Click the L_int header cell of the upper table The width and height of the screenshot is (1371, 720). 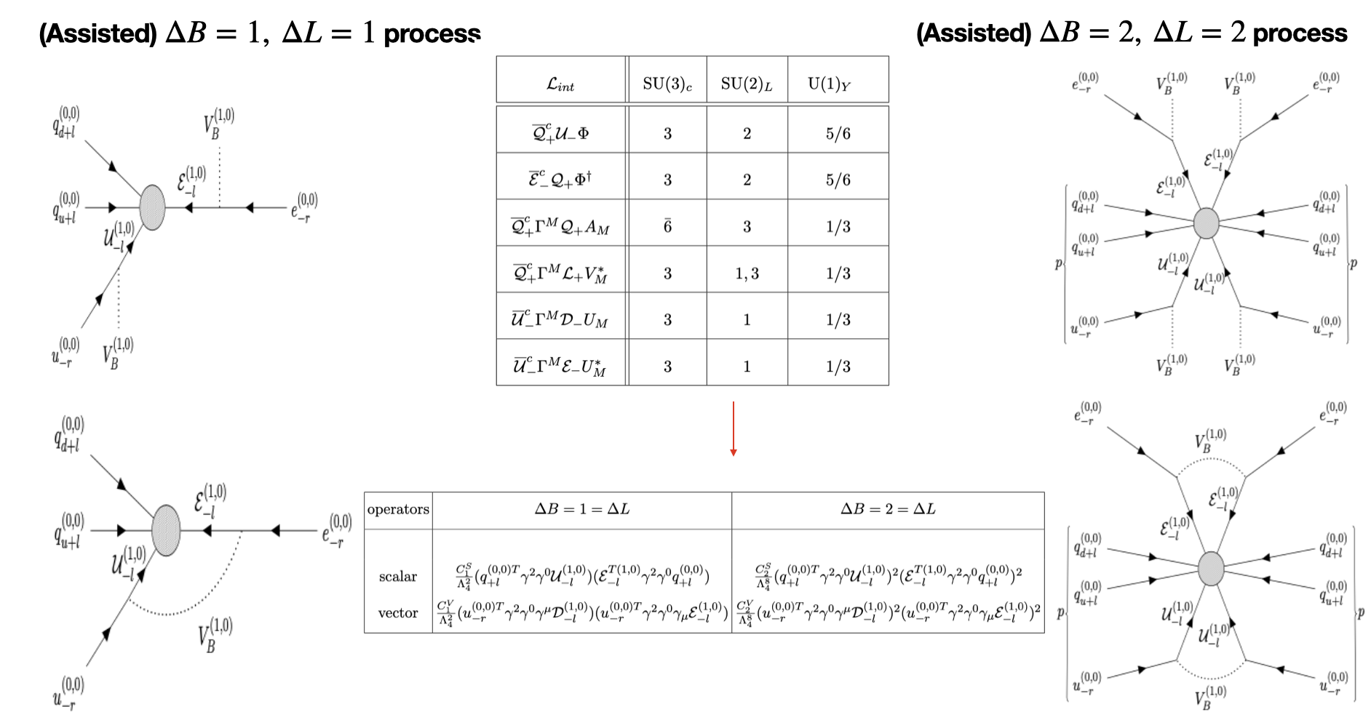pyautogui.click(x=560, y=84)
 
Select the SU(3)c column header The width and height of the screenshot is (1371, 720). pyautogui.click(x=667, y=84)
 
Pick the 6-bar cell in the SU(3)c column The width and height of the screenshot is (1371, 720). pyautogui.click(x=667, y=226)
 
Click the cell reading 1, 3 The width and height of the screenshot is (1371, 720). pyautogui.click(x=747, y=273)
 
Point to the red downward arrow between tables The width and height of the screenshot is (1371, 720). pyautogui.click(x=734, y=429)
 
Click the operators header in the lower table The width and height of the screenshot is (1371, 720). pyautogui.click(x=398, y=509)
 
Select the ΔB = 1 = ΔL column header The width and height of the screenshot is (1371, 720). pyautogui.click(x=582, y=509)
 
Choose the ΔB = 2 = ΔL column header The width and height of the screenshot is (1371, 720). pyautogui.click(x=888, y=509)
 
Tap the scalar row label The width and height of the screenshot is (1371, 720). pyautogui.click(x=397, y=577)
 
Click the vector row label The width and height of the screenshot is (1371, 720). pyautogui.click(x=397, y=613)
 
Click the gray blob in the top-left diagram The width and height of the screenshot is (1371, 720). pyautogui.click(x=152, y=207)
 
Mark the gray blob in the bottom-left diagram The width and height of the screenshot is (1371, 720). pyautogui.click(x=166, y=530)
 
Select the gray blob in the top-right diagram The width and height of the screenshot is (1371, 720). pyautogui.click(x=1206, y=223)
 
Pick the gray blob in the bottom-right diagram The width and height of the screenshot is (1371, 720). pyautogui.click(x=1211, y=568)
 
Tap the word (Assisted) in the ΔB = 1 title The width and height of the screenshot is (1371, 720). pyautogui.click(x=98, y=33)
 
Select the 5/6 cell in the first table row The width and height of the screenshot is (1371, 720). pyautogui.click(x=838, y=133)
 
